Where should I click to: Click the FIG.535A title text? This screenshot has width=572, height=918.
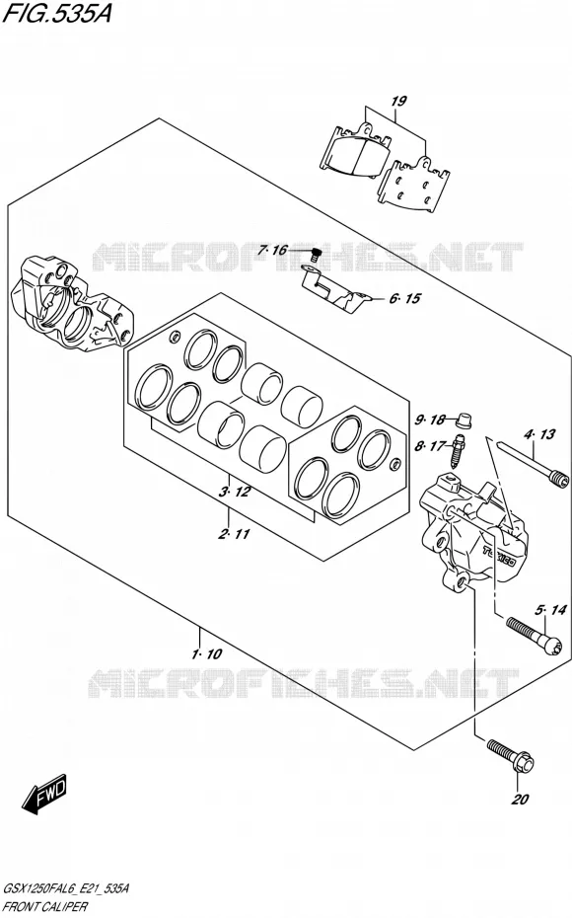57,12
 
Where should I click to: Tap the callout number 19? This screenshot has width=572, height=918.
398,102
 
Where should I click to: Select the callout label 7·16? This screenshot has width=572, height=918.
272,251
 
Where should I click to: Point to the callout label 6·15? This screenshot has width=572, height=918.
404,298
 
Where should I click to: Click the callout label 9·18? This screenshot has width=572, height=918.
430,420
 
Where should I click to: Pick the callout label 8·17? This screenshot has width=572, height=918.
429,447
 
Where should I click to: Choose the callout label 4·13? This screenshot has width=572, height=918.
539,434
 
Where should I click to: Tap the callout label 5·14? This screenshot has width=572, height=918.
550,611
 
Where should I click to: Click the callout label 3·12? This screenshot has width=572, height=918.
235,492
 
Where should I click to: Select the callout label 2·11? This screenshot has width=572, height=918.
234,534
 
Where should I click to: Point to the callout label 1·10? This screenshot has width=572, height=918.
206,653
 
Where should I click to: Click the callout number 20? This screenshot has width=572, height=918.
520,800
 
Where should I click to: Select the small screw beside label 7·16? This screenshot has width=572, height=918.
316,255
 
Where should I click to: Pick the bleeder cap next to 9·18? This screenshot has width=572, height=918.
464,420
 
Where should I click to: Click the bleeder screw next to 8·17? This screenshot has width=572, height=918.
459,450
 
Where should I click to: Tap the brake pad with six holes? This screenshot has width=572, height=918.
414,188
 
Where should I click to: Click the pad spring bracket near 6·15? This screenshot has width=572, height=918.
336,290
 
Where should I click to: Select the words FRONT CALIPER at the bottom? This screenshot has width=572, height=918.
45,907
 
